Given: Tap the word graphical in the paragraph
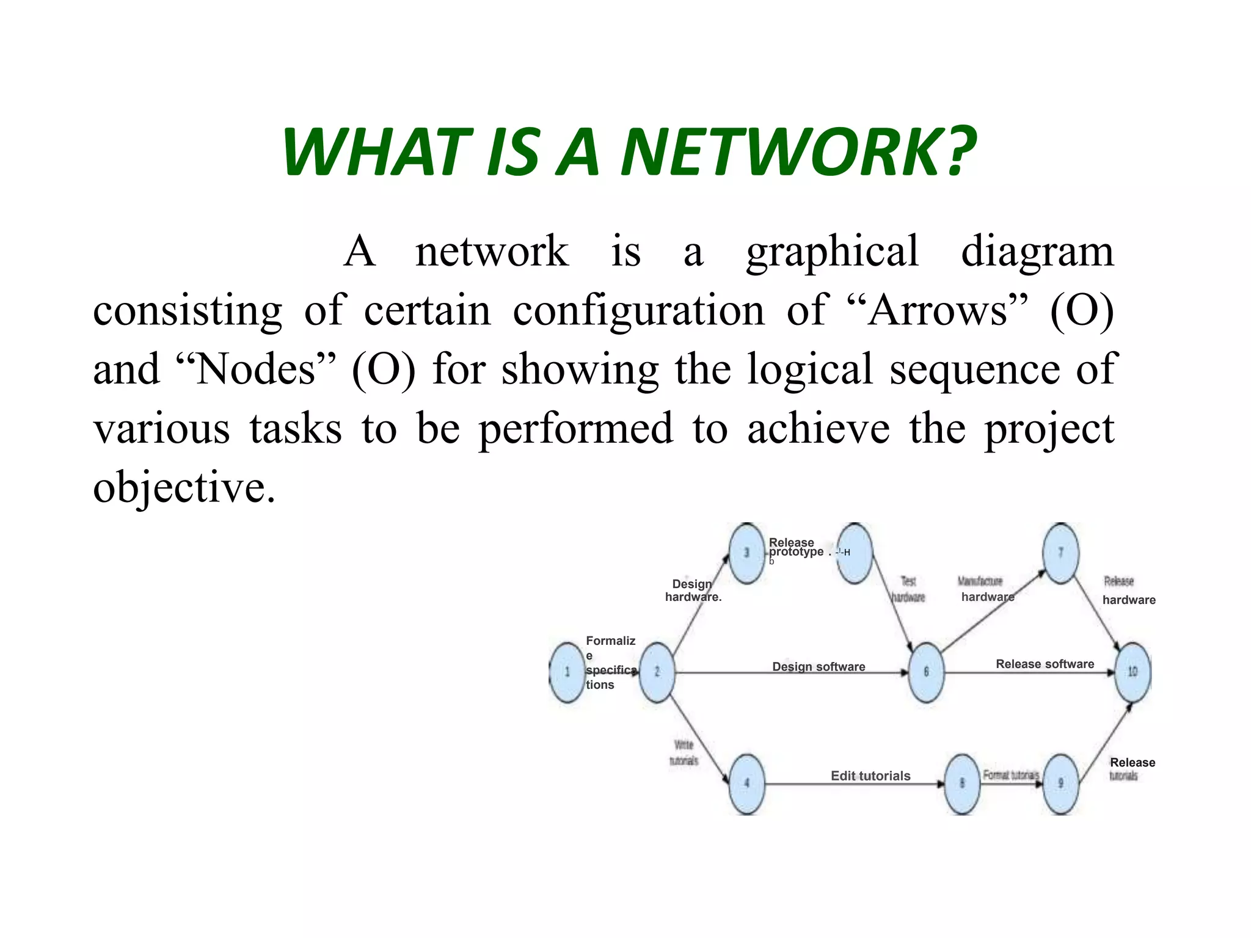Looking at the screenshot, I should (x=832, y=252).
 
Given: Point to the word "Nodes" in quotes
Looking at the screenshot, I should (x=255, y=369).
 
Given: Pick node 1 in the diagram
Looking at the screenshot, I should (x=567, y=672).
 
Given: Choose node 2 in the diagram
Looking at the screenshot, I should (x=657, y=672).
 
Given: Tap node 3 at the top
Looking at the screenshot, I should (x=746, y=553).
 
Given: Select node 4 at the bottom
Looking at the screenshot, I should (x=746, y=783).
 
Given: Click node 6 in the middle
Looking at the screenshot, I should (x=926, y=672).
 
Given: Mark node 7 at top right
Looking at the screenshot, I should (x=1060, y=553).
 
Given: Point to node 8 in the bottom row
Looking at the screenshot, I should (x=962, y=783).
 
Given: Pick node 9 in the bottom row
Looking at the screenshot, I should (x=1060, y=783).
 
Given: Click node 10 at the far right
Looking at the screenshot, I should (x=1132, y=672).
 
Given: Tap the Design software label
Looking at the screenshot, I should (x=819, y=667).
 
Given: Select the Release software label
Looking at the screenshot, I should (x=1045, y=664).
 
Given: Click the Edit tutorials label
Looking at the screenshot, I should (x=870, y=776).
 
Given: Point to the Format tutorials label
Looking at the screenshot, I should (x=1010, y=775).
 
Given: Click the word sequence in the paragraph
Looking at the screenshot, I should (x=974, y=369).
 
